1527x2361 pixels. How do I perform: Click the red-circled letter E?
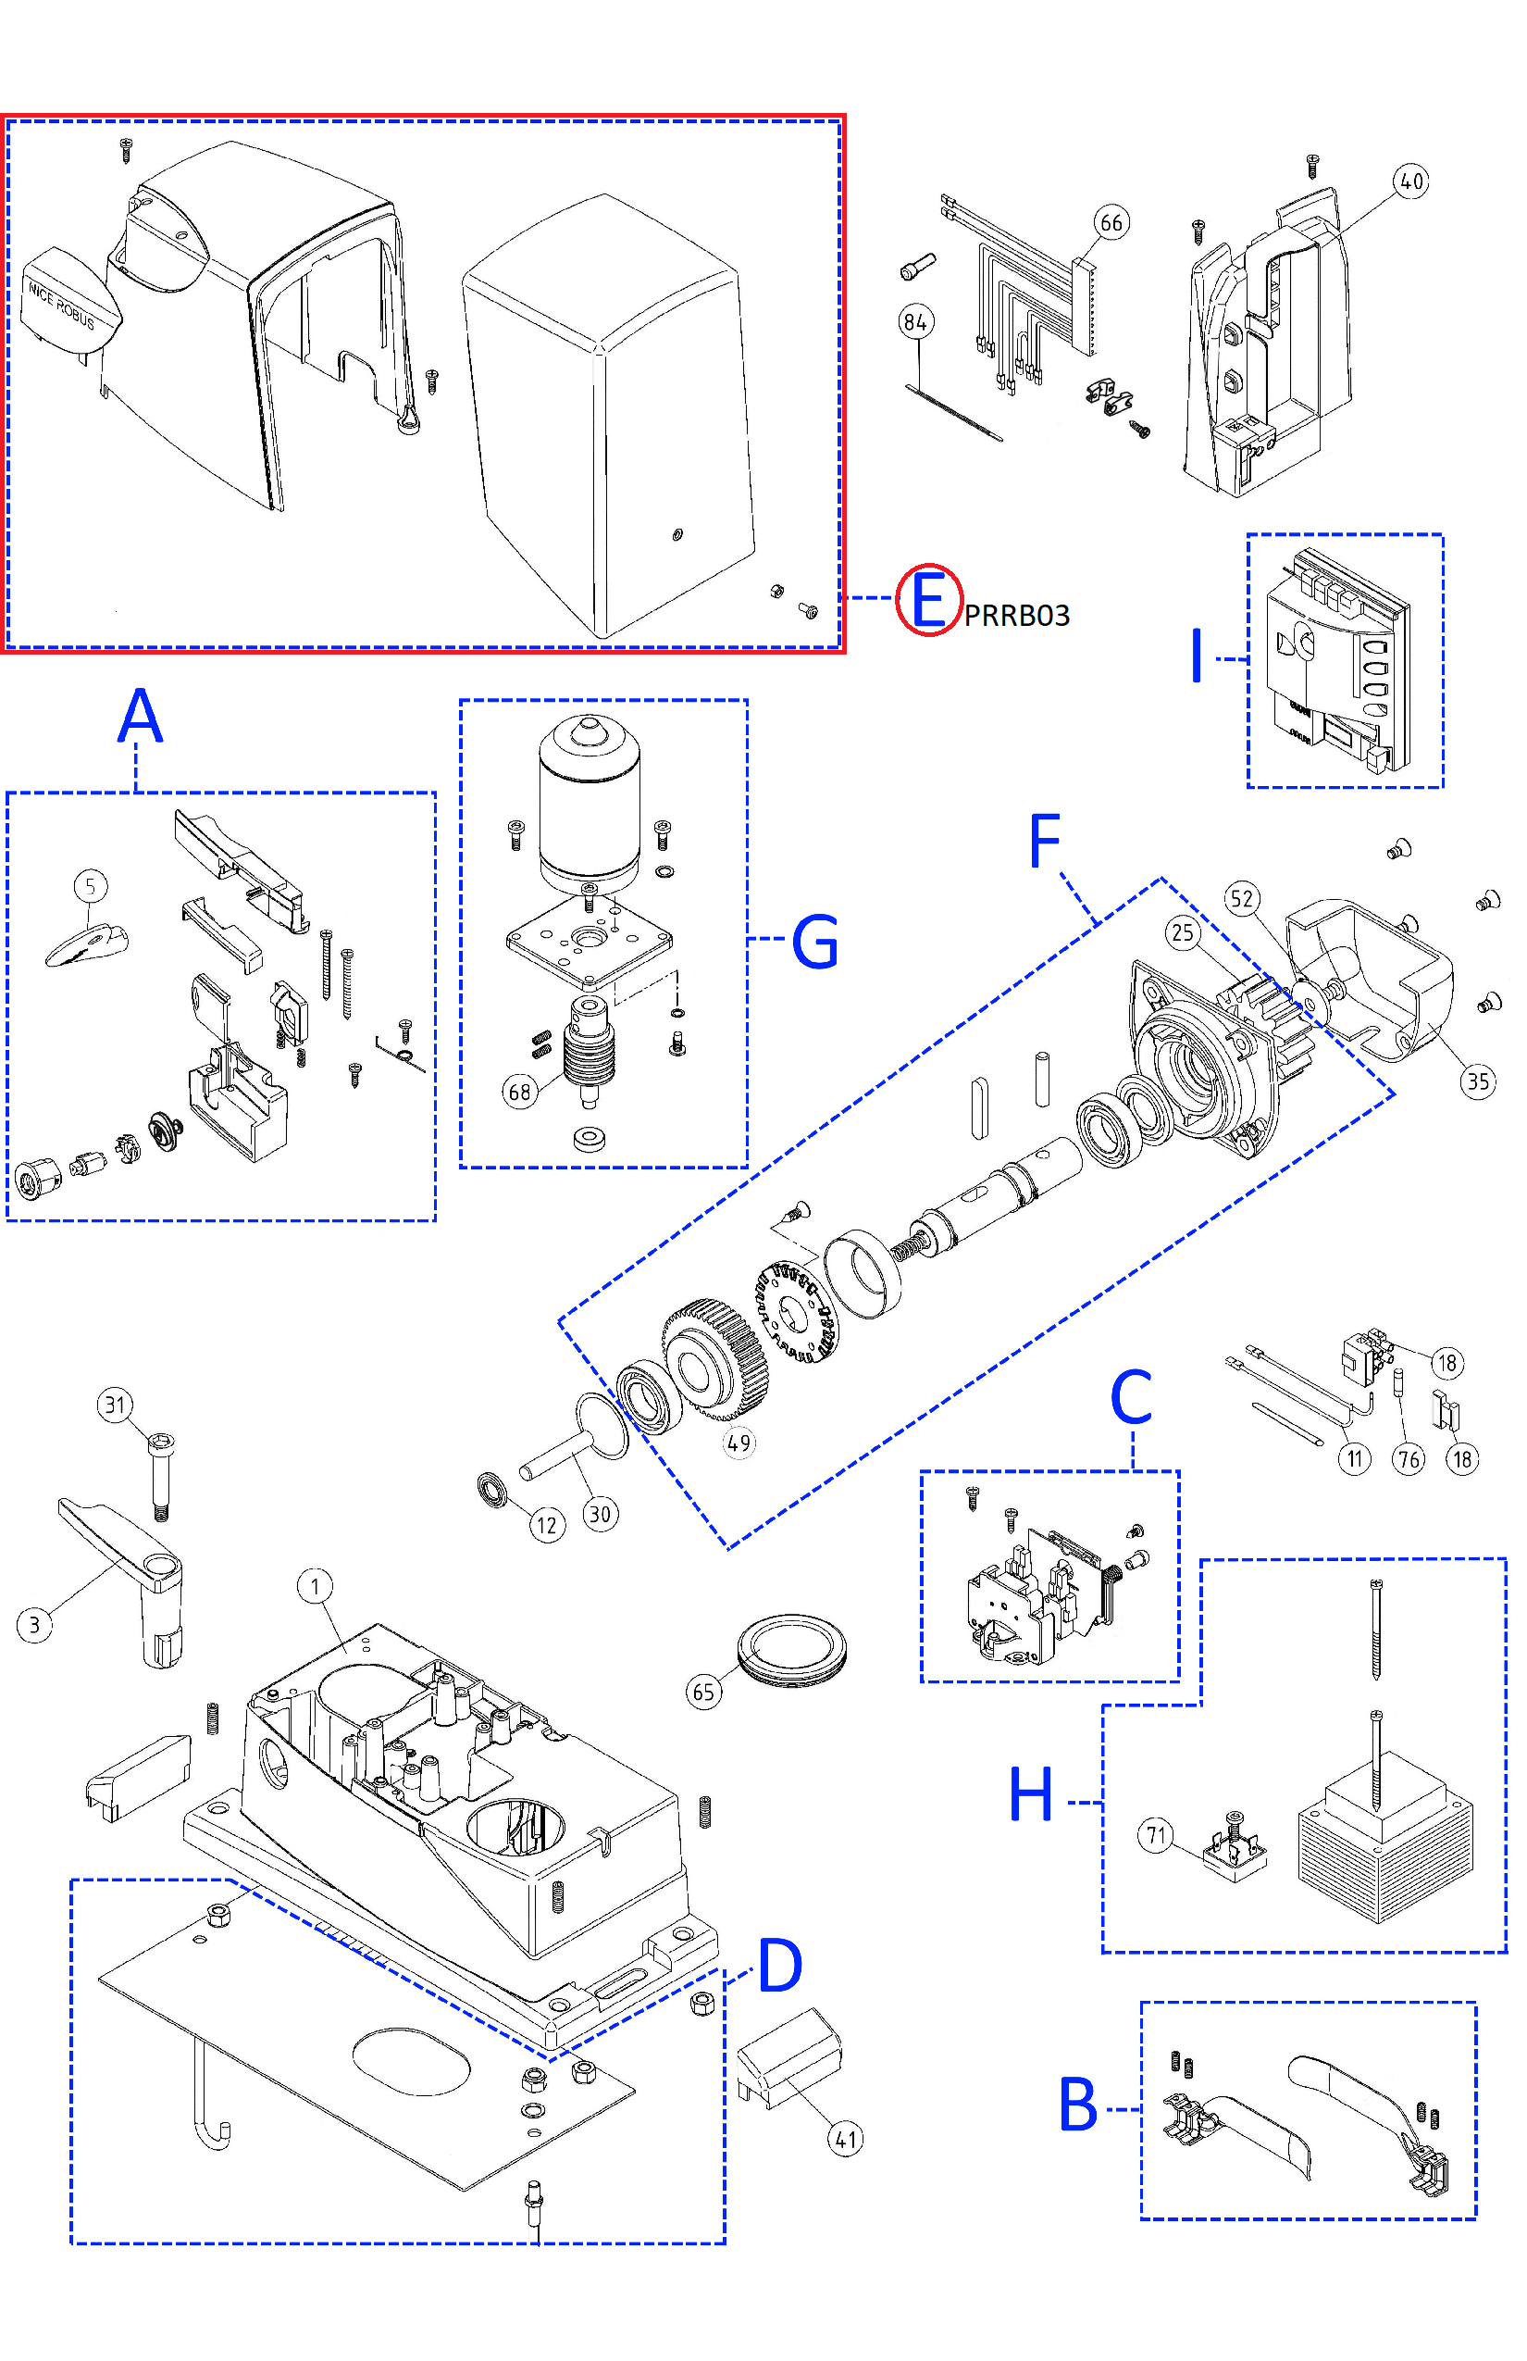pyautogui.click(x=928, y=600)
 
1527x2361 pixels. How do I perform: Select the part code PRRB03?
pyautogui.click(x=1016, y=616)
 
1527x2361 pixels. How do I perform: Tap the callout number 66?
pyautogui.click(x=1111, y=223)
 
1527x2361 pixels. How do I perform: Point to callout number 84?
pyautogui.click(x=915, y=321)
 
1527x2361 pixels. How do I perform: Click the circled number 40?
pyautogui.click(x=1411, y=181)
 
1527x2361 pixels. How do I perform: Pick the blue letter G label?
pyautogui.click(x=815, y=942)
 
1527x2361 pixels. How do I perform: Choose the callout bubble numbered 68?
pyautogui.click(x=519, y=1093)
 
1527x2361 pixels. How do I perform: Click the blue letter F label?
pyautogui.click(x=1045, y=842)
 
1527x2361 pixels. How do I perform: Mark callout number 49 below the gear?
pyautogui.click(x=739, y=1443)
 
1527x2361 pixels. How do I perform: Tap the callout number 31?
pyautogui.click(x=116, y=1405)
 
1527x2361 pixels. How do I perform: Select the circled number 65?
pyautogui.click(x=704, y=1692)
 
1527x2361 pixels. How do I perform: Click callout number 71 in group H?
pyautogui.click(x=1156, y=1835)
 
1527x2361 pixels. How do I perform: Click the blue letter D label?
pyautogui.click(x=780, y=1965)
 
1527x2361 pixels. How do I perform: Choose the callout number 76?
pyautogui.click(x=1408, y=1459)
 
